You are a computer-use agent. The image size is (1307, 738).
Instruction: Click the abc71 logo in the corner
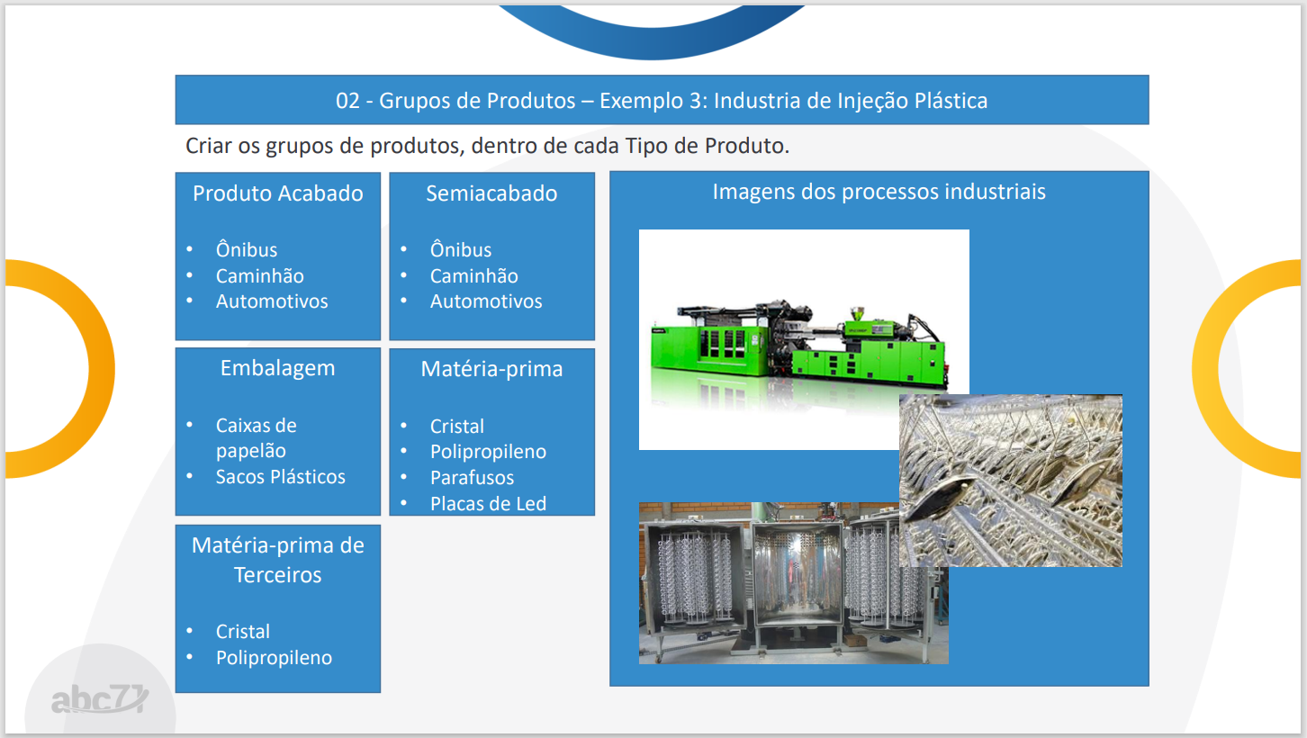(x=100, y=699)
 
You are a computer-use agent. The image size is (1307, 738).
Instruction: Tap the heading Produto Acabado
(x=278, y=193)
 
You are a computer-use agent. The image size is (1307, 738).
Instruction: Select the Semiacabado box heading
(x=491, y=193)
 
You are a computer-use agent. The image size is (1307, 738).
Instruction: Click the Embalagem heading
(x=278, y=369)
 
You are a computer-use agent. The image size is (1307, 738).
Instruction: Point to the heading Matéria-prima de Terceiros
(x=278, y=560)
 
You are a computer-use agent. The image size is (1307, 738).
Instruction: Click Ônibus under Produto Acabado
(x=247, y=248)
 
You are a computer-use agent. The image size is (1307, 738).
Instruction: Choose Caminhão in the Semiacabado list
(x=473, y=275)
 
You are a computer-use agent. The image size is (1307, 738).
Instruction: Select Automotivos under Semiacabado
(x=486, y=301)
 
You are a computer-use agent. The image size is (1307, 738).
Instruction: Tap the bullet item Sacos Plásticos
(x=281, y=477)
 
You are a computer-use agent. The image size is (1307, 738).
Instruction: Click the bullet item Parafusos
(x=472, y=478)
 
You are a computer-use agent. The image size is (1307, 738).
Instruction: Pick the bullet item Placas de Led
(x=489, y=503)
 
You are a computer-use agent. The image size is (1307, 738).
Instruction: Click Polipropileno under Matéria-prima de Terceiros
(x=275, y=658)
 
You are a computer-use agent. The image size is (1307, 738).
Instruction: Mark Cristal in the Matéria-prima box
(x=457, y=427)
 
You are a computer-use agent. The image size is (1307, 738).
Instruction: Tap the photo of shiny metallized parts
(x=1011, y=480)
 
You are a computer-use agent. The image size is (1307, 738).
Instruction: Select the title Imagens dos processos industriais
(x=879, y=192)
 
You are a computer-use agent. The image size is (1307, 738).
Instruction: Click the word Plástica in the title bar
(x=951, y=100)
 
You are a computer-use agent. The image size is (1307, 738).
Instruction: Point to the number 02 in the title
(x=347, y=101)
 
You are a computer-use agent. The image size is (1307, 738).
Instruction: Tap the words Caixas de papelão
(x=257, y=437)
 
